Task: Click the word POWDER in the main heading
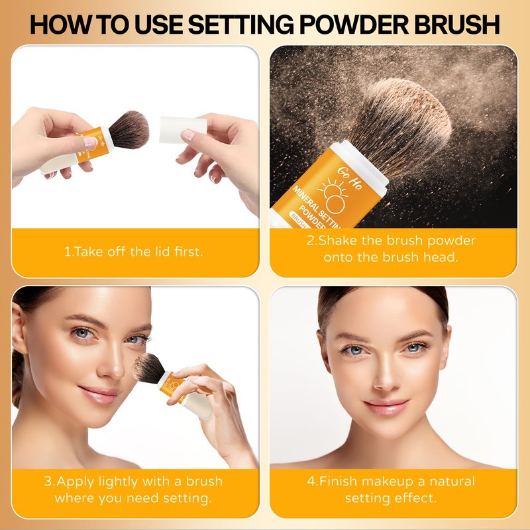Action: tap(354, 25)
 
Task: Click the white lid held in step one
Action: tap(183, 130)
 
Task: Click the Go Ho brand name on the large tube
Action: tap(350, 178)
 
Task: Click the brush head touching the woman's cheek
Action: tap(148, 368)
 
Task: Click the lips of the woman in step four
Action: tap(386, 407)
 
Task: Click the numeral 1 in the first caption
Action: tap(67, 252)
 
